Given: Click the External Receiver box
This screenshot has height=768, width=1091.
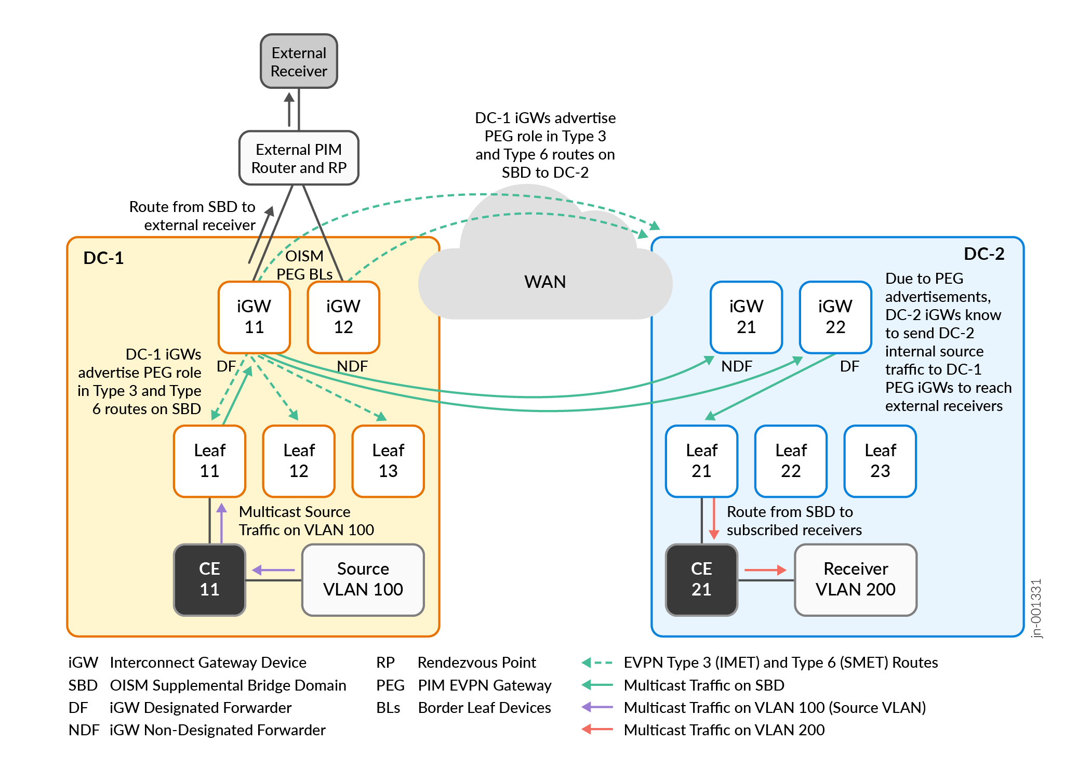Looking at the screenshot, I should coord(299,61).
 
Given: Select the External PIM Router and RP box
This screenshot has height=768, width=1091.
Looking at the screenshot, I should coord(299,158).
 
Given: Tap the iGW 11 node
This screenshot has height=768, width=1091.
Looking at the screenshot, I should coord(254,317).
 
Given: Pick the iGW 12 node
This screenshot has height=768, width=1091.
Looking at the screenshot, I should coord(343,317).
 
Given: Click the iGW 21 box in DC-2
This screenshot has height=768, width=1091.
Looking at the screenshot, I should coord(746,317).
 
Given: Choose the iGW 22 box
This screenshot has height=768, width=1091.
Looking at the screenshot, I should coord(835,317).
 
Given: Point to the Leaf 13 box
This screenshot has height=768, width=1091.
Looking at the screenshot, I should coord(388,461).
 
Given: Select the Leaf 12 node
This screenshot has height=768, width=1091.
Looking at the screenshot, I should coord(299,461).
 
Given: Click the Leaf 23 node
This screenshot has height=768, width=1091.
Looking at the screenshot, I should coord(880,461).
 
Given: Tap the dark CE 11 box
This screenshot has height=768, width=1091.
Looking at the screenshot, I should coord(209,579).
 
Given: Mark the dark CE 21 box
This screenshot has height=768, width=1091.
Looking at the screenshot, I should coord(701,579).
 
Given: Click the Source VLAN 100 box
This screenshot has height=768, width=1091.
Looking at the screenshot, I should coord(363,579).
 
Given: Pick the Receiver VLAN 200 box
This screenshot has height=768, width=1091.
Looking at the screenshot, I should coord(856,579).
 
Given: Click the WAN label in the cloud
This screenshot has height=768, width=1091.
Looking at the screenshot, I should coord(545,282).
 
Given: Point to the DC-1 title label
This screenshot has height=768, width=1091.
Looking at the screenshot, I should coord(103,258).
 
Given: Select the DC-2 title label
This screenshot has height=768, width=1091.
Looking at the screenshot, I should coord(984,254).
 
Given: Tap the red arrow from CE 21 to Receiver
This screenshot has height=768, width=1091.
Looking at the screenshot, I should coord(765,570).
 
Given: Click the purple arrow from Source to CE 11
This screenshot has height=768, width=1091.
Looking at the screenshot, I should coord(274,570).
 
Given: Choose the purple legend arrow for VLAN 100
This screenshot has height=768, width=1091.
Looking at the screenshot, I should coord(597,707).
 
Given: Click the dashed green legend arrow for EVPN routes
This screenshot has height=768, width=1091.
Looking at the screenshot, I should coord(597,663).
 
